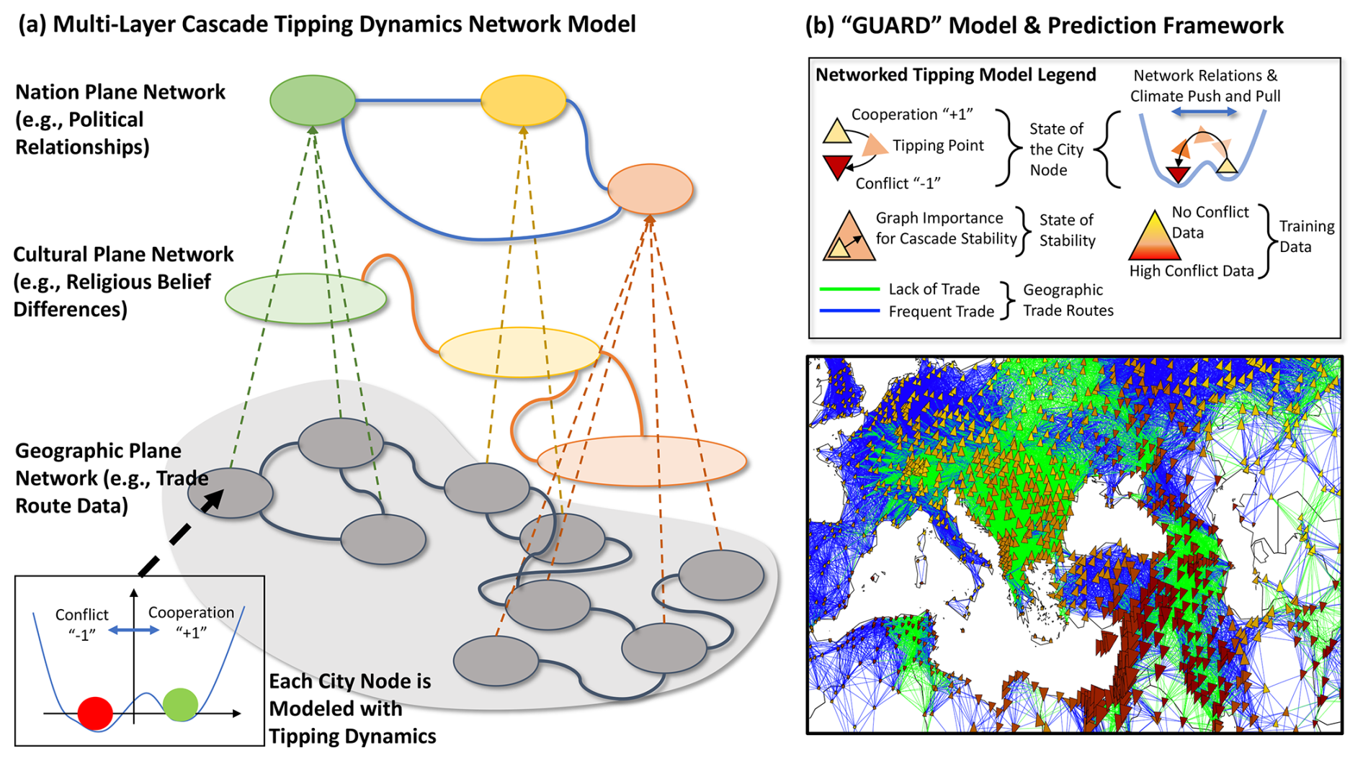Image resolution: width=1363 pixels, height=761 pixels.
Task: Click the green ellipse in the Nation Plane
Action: pos(312,100)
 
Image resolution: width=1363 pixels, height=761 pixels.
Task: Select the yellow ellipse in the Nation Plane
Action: pos(523,100)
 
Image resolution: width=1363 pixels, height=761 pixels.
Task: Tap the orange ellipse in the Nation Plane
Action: pos(650,189)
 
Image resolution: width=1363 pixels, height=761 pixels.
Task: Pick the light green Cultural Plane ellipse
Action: pos(305,297)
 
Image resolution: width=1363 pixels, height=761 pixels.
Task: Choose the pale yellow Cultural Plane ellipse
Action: pos(519,352)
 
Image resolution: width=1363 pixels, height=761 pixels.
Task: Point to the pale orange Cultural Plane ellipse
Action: pos(641,460)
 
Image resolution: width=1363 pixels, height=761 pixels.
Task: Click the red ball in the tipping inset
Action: pos(95,713)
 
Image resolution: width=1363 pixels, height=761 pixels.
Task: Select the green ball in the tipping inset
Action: pos(180,704)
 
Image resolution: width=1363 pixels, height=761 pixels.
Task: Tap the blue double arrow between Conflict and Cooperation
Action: pos(134,631)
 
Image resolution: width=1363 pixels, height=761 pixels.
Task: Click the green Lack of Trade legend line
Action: pos(849,289)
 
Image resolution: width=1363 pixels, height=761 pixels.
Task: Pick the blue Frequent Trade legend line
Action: pos(849,311)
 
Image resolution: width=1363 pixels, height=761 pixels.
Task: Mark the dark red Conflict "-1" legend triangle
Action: pos(837,167)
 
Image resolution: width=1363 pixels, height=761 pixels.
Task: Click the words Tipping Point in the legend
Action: pos(938,145)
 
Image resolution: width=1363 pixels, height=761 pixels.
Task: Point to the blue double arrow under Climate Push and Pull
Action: pos(1204,112)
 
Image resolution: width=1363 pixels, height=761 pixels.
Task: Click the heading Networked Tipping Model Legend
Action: pos(955,75)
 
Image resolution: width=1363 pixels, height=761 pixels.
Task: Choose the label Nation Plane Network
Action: pos(120,92)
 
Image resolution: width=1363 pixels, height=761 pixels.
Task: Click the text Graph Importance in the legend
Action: pos(939,218)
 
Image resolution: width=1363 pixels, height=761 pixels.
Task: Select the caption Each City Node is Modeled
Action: pos(350,695)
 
